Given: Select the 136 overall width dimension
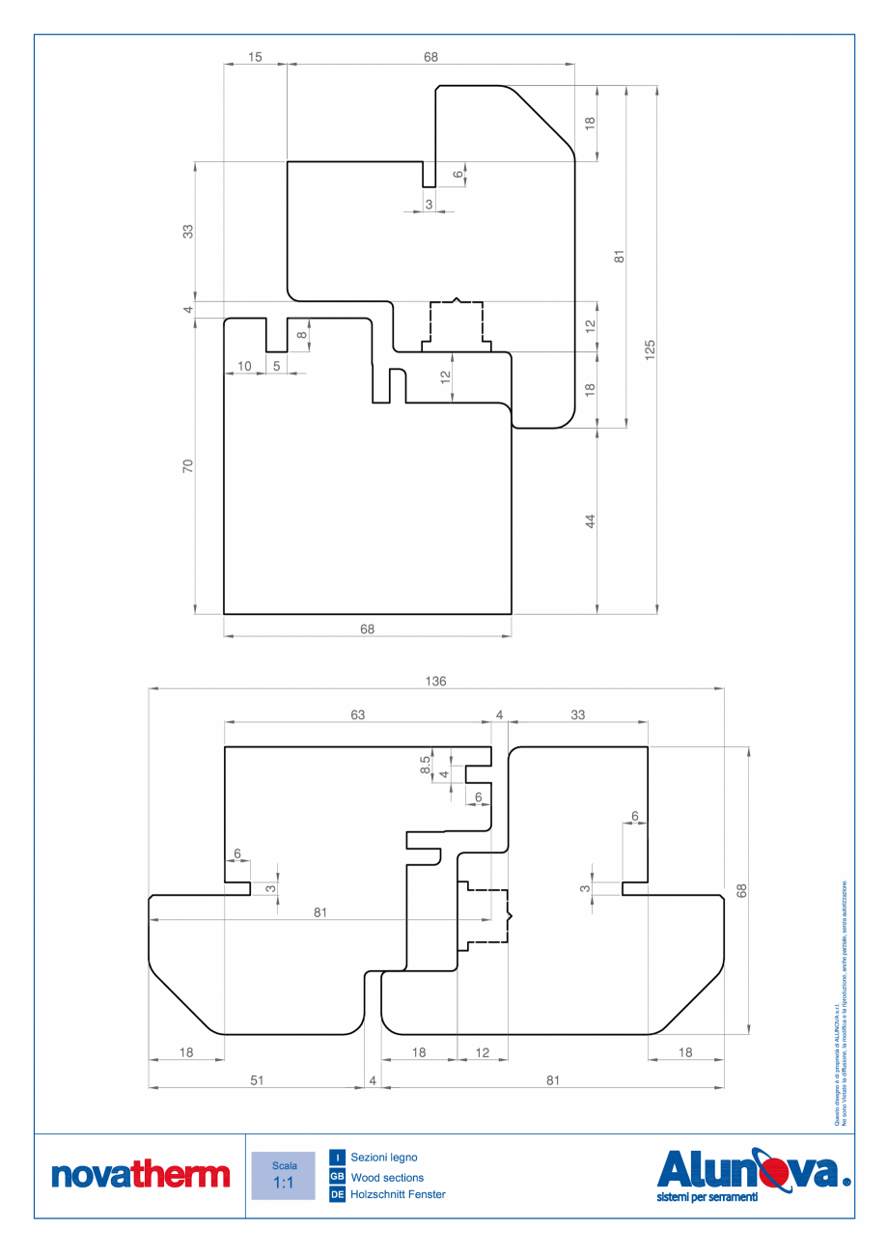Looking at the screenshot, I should coord(435,681).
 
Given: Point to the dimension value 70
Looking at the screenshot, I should coord(189,465).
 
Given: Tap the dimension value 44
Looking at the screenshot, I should coord(591,521).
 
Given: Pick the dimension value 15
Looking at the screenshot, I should coord(255,57).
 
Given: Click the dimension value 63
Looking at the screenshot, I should coord(358,715).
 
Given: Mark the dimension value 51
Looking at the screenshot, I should coord(257,1081).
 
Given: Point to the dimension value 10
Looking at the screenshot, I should coord(244,366).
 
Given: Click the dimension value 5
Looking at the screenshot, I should coord(277,366).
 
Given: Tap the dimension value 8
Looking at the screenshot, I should coord(301,335).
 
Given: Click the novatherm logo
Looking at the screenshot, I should coord(140,1175).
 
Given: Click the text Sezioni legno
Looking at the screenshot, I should coord(384,1157).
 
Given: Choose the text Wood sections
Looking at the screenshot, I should coord(387,1177).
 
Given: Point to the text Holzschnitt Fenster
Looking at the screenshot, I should coord(398,1195).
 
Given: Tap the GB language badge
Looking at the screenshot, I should coord(337,1177).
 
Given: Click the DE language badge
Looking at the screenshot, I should coord(337,1195).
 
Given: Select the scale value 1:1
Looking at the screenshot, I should coord(283,1183).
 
